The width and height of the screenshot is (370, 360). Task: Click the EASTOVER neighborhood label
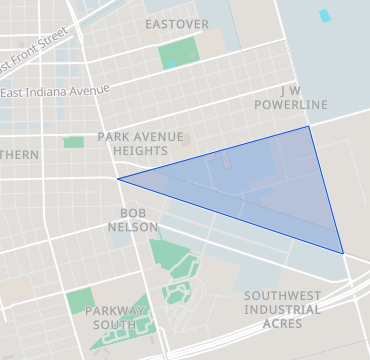coord(177,23)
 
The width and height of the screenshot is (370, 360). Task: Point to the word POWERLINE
coord(290,104)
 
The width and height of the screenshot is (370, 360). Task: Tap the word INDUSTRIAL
coord(282,310)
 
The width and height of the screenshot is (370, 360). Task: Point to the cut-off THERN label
coord(19,155)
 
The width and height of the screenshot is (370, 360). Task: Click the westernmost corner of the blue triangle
coord(118,180)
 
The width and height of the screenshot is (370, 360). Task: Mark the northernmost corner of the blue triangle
coord(308,126)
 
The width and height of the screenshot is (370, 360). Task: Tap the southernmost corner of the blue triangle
coord(343,253)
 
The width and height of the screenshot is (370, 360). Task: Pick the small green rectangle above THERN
coord(73,143)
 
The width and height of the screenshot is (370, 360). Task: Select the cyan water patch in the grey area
coord(324,16)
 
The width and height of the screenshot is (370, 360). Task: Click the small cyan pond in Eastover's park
coord(171,64)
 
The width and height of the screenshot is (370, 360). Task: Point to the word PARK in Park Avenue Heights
coord(114,135)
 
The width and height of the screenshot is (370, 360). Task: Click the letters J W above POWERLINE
coord(290,89)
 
